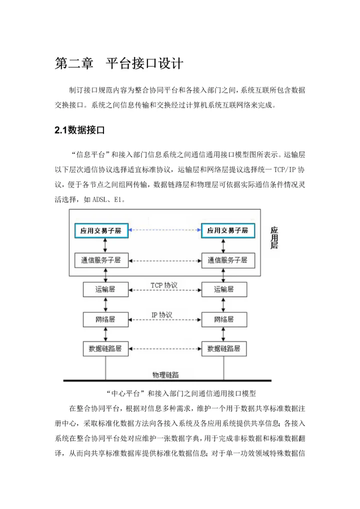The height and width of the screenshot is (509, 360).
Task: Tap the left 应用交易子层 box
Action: [101, 230]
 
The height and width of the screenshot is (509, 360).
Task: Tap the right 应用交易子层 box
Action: [227, 230]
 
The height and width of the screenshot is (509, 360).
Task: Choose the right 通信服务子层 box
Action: [227, 260]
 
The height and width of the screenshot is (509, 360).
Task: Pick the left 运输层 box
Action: [105, 289]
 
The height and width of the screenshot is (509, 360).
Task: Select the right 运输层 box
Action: [223, 289]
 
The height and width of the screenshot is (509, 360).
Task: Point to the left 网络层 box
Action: [105, 318]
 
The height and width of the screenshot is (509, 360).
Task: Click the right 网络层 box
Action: [223, 318]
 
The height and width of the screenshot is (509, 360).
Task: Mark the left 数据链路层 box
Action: [105, 348]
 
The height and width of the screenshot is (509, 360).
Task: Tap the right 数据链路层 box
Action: [223, 348]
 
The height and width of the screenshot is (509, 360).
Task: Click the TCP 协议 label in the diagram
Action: [164, 285]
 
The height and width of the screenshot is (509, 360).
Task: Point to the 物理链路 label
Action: [165, 374]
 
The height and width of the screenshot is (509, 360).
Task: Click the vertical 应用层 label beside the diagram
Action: [274, 238]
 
